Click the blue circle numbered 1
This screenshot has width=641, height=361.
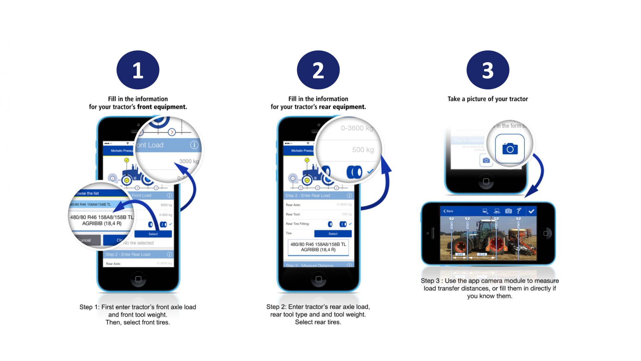(138, 70)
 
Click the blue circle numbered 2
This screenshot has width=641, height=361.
(318, 70)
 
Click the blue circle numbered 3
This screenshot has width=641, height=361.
(488, 70)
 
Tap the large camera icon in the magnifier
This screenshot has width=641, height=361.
(510, 149)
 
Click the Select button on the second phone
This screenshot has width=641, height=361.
(333, 234)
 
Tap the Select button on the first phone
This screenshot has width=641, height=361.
(153, 234)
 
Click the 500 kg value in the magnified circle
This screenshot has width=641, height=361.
(363, 150)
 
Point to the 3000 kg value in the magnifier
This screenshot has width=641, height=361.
(189, 161)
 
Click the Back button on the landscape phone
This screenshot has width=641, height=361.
(448, 211)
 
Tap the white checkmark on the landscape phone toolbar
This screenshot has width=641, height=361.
(531, 211)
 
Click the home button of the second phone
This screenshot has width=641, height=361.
(318, 279)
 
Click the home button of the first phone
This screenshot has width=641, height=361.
(138, 279)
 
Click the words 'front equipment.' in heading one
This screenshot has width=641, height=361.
(162, 107)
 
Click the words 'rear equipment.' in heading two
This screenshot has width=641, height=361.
(343, 107)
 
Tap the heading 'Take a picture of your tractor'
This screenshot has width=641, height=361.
(488, 99)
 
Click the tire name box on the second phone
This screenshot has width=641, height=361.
(318, 247)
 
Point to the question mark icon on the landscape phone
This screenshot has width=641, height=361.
(518, 211)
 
